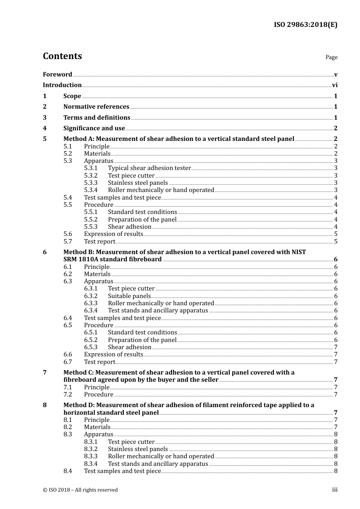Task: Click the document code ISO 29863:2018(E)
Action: pyautogui.click(x=305, y=25)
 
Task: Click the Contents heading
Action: pyautogui.click(x=62, y=56)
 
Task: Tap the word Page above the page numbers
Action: pyautogui.click(x=331, y=57)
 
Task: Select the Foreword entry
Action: pyautogui.click(x=57, y=74)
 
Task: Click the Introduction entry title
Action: pyautogui.click(x=62, y=85)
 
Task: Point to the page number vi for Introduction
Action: pyautogui.click(x=335, y=85)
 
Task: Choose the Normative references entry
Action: pyautogui.click(x=96, y=107)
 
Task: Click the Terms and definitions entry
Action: pyautogui.click(x=97, y=118)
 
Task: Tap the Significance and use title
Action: pyautogui.click(x=94, y=128)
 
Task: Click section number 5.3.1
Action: pyautogui.click(x=91, y=168)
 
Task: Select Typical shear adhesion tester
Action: pyautogui.click(x=149, y=168)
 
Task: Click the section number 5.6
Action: pyautogui.click(x=67, y=234)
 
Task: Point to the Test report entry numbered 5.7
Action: pyautogui.click(x=99, y=242)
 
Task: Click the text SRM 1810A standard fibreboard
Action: pyautogui.click(x=113, y=259)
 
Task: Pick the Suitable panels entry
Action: pyautogui.click(x=129, y=296)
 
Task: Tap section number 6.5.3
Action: pyautogui.click(x=91, y=347)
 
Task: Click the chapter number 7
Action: pyautogui.click(x=45, y=373)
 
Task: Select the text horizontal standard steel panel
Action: pyautogui.click(x=111, y=413)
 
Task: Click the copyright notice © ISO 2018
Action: pyautogui.click(x=80, y=490)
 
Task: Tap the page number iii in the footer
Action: pyautogui.click(x=335, y=490)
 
